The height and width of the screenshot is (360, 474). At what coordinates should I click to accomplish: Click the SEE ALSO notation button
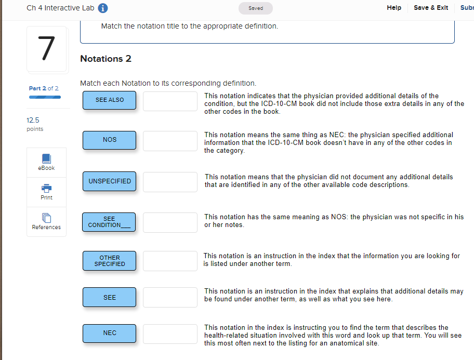(x=109, y=100)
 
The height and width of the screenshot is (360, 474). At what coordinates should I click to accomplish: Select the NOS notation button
(x=109, y=140)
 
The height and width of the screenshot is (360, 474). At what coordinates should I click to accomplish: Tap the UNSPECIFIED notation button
(x=109, y=181)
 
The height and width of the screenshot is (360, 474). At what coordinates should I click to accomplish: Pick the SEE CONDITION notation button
(x=109, y=222)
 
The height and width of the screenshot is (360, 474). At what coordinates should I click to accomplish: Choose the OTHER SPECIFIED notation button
(x=109, y=261)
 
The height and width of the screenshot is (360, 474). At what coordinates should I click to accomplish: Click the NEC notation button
(x=109, y=333)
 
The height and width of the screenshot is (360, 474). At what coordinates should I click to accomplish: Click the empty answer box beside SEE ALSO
(x=170, y=101)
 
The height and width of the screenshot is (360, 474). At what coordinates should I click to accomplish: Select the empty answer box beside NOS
(x=170, y=141)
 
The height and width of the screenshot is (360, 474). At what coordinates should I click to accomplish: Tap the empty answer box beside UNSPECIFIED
(x=170, y=182)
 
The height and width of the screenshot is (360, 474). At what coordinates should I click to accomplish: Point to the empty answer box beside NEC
(x=170, y=334)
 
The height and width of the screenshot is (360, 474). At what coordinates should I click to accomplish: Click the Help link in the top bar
(x=394, y=8)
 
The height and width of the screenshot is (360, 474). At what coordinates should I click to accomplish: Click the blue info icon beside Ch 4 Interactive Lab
(x=103, y=8)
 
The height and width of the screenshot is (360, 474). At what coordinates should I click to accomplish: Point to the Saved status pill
(x=255, y=8)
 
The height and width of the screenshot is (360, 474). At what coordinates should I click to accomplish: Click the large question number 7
(x=46, y=49)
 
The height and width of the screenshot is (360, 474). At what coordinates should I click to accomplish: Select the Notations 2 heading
(x=106, y=59)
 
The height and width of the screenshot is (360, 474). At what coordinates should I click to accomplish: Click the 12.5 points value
(x=33, y=120)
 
